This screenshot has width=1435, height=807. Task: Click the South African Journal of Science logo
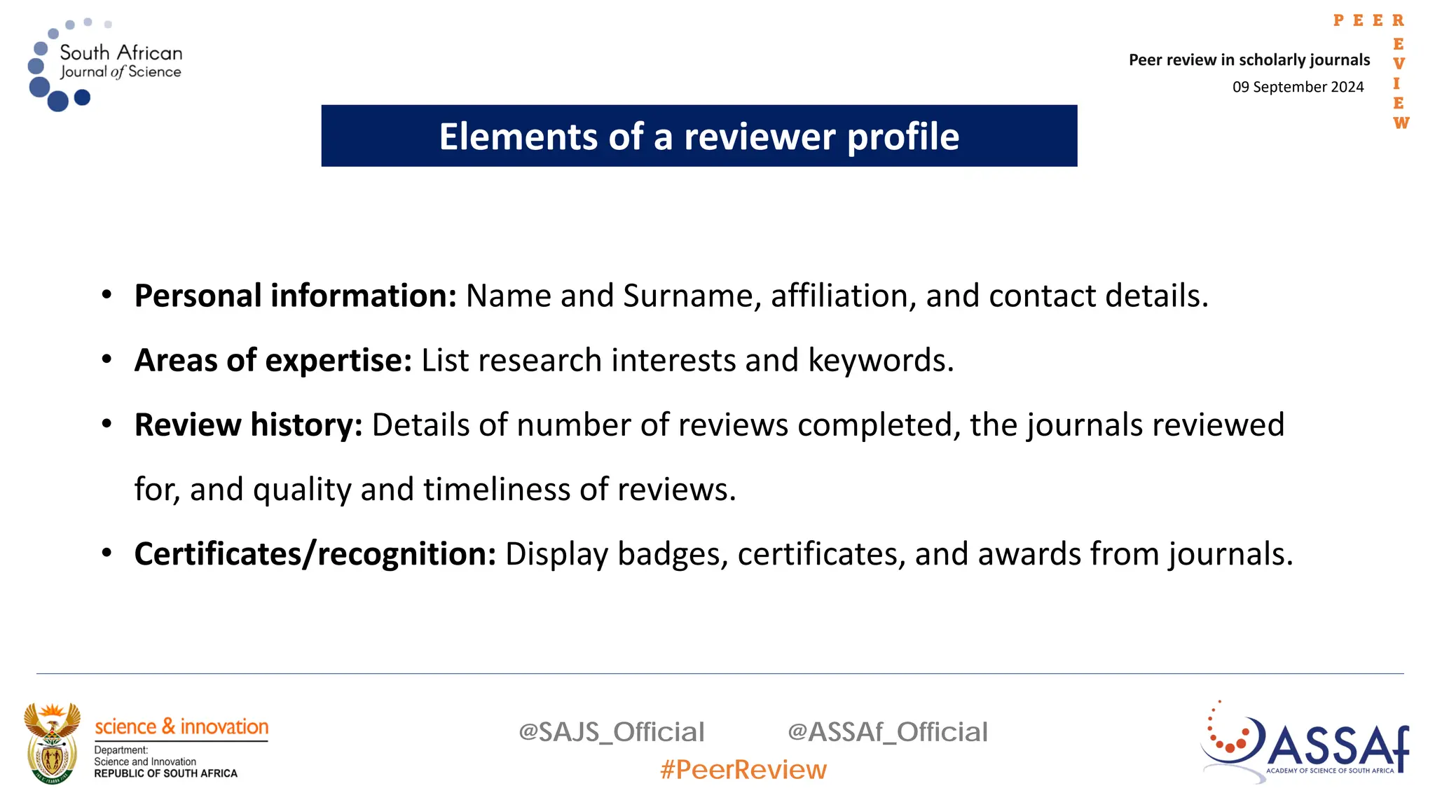click(105, 64)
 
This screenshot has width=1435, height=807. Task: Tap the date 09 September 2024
click(1298, 87)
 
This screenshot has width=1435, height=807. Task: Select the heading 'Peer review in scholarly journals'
click(1249, 60)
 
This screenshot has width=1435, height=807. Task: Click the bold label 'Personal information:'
click(295, 296)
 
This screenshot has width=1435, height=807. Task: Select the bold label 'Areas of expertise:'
click(273, 360)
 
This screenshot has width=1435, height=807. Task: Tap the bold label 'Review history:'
click(248, 425)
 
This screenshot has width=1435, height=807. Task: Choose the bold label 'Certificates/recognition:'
click(315, 554)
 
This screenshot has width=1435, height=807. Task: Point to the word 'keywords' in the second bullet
click(880, 360)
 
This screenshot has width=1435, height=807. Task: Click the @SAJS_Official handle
click(611, 732)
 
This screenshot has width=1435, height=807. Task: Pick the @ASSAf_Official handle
click(887, 732)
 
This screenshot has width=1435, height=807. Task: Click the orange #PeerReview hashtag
click(743, 770)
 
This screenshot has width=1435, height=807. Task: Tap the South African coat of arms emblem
click(52, 743)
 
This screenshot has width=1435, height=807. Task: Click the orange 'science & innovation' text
click(181, 726)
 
